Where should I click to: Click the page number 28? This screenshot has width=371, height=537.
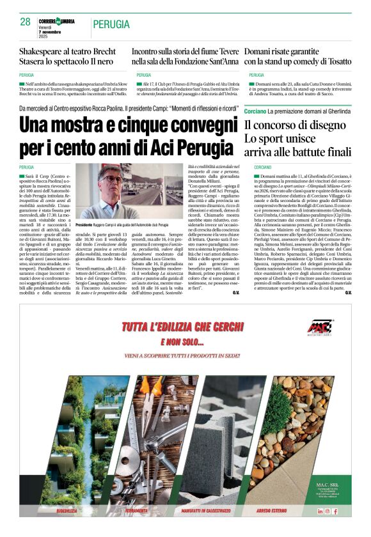[25, 22]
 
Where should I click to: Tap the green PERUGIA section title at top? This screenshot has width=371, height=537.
[111, 24]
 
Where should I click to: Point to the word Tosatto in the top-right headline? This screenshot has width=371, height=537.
[335, 61]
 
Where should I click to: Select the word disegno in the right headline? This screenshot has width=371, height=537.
[329, 125]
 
